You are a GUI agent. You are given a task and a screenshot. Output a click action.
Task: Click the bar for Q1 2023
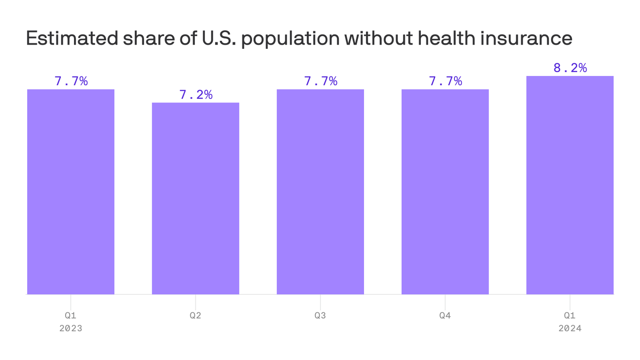pyautogui.click(x=71, y=192)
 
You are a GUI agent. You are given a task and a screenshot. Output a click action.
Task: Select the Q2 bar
pyautogui.click(x=195, y=198)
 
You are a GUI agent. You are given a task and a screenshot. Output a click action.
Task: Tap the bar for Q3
pyautogui.click(x=320, y=192)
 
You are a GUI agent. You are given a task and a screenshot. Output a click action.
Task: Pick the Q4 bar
pyautogui.click(x=445, y=192)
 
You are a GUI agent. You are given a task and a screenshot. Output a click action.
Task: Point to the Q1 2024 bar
pyautogui.click(x=570, y=185)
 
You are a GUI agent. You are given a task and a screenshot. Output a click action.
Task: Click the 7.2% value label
pyautogui.click(x=196, y=95)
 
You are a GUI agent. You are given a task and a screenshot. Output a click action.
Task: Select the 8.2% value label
pyautogui.click(x=570, y=68)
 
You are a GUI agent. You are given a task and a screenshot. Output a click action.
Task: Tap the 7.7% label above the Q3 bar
pyautogui.click(x=320, y=81)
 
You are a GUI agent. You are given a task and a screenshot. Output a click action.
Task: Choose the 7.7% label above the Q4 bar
pyautogui.click(x=446, y=81)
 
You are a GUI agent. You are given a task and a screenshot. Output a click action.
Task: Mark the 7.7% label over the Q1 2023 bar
pyautogui.click(x=71, y=81)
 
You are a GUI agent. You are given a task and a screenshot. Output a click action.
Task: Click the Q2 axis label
pyautogui.click(x=195, y=315)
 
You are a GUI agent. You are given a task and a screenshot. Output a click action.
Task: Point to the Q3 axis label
pyautogui.click(x=320, y=315)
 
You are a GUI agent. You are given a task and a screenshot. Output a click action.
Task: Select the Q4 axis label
pyautogui.click(x=445, y=315)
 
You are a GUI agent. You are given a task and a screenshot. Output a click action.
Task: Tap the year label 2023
pyautogui.click(x=71, y=328)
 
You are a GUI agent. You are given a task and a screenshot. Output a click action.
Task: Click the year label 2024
pyautogui.click(x=570, y=328)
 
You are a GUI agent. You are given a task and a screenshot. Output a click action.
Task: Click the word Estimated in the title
pyautogui.click(x=72, y=38)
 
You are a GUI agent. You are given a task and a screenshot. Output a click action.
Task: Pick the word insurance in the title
pyautogui.click(x=526, y=38)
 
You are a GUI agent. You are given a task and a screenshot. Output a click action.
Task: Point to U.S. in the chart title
pyautogui.click(x=219, y=38)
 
